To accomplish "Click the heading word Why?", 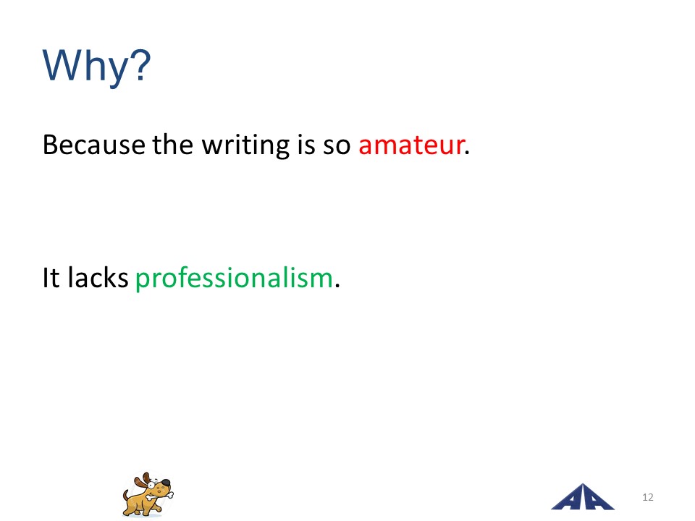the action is pyautogui.click(x=96, y=67).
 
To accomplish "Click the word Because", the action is pyautogui.click(x=94, y=145).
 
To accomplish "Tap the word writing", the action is pyautogui.click(x=245, y=146).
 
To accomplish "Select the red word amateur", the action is pyautogui.click(x=411, y=145).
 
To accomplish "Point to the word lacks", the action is pyautogui.click(x=98, y=277).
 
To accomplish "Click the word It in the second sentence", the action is pyautogui.click(x=51, y=278).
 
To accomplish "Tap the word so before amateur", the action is pyautogui.click(x=337, y=146).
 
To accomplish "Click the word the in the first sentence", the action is pyautogui.click(x=173, y=145).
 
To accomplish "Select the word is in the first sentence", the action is pyautogui.click(x=306, y=145).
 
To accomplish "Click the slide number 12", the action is pyautogui.click(x=647, y=497).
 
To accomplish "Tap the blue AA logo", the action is pyautogui.click(x=582, y=498).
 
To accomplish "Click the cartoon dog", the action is pyautogui.click(x=148, y=494).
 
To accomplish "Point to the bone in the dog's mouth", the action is pyautogui.click(x=159, y=495).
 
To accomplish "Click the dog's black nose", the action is pyautogui.click(x=165, y=483).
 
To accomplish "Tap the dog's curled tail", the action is pyautogui.click(x=126, y=495).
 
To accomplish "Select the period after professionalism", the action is pyautogui.click(x=337, y=286).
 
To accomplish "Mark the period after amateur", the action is pyautogui.click(x=467, y=153).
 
